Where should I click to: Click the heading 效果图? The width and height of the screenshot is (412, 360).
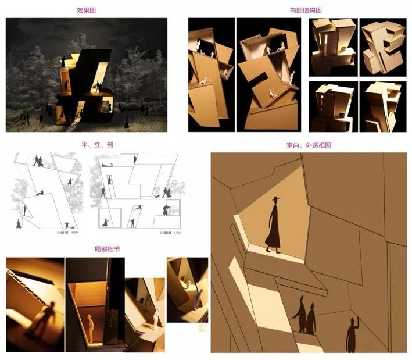(86, 10)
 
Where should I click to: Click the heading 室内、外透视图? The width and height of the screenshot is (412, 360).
(311, 145)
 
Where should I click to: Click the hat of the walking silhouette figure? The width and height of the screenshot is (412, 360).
(275, 199)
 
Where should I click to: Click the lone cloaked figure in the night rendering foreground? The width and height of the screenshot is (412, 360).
(127, 122)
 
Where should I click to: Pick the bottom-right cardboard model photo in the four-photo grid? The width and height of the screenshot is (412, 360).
(383, 106)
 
